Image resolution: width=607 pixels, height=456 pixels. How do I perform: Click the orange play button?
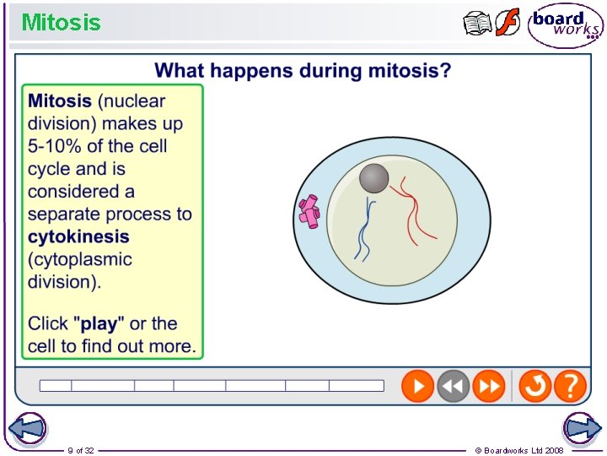click(416, 386)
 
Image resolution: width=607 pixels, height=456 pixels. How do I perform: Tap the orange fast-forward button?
click(488, 386)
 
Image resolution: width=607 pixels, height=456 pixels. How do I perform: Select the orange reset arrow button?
click(534, 386)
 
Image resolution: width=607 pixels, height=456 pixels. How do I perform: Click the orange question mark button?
click(571, 386)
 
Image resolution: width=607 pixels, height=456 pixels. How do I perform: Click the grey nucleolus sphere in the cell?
click(374, 179)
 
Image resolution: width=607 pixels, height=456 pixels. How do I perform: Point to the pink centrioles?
click(309, 211)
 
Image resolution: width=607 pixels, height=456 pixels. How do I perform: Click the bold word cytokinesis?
click(78, 236)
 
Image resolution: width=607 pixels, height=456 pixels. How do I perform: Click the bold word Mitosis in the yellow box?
click(60, 100)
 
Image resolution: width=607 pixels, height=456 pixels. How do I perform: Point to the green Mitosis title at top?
click(61, 22)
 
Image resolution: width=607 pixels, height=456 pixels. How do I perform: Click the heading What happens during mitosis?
click(303, 70)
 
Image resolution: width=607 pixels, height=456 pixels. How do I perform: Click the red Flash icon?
click(507, 23)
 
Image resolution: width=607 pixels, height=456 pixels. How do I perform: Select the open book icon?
click(477, 24)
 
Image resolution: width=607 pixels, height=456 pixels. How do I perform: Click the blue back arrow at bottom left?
click(26, 428)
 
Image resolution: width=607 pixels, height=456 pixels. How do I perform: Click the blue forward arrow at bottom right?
click(582, 428)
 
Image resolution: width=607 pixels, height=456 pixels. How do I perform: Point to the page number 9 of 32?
click(81, 451)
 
